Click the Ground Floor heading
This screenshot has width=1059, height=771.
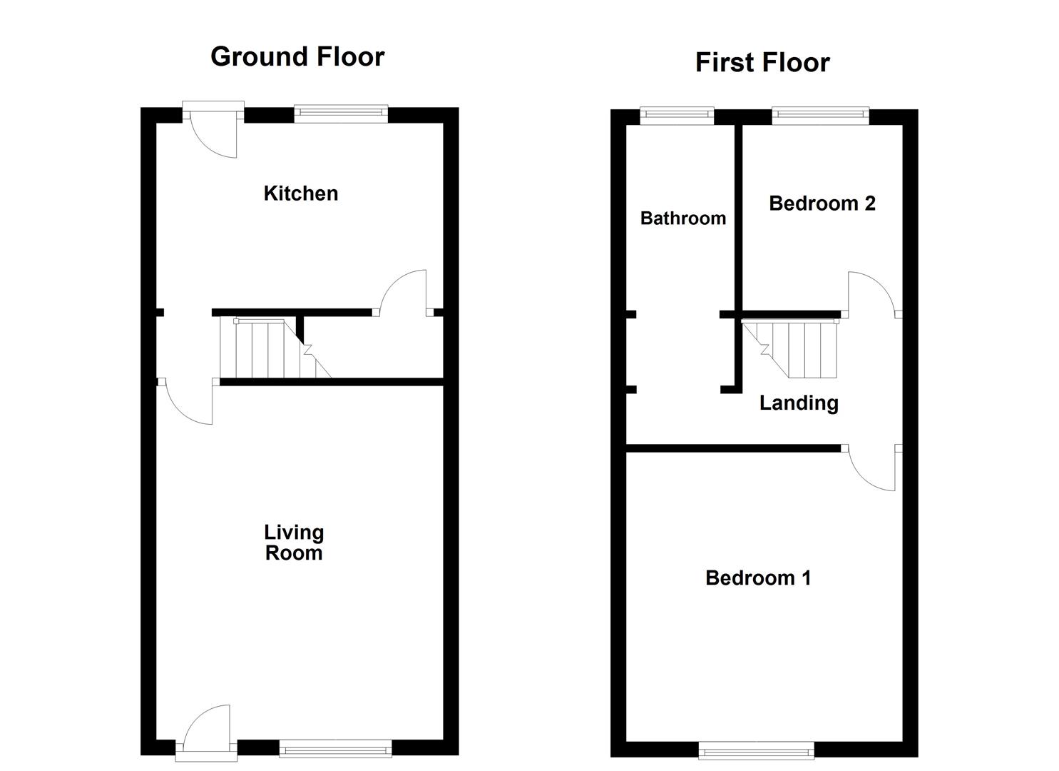point(297,56)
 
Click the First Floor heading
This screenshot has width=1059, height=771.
point(762,63)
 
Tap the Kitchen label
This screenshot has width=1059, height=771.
point(300,193)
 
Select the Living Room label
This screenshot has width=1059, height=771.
point(294,543)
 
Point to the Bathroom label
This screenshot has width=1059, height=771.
point(682,218)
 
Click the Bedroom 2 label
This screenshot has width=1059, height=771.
point(822,204)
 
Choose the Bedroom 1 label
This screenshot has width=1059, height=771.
point(757,578)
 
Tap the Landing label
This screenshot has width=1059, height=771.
point(798,403)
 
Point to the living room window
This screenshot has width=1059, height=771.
point(335,748)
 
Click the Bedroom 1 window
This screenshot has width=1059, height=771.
point(756,750)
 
